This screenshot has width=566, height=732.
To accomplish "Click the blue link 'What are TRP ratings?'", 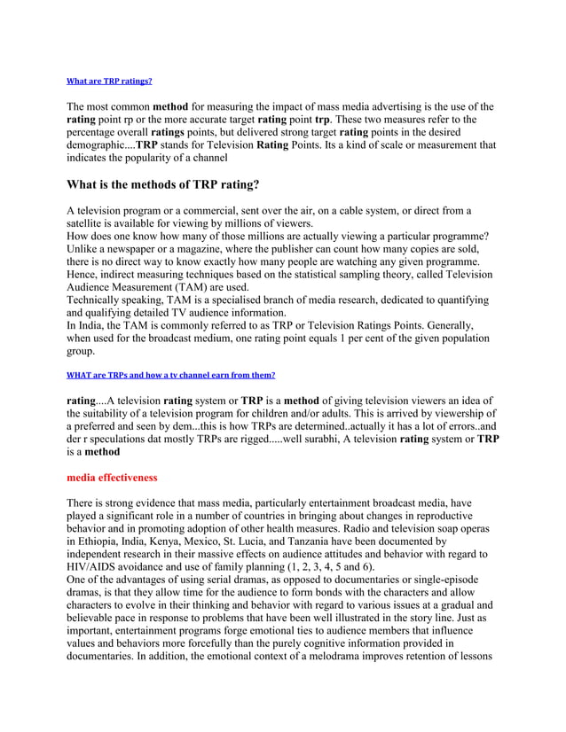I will point(109,81).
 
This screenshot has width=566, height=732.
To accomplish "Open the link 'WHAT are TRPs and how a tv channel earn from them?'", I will point(171,375).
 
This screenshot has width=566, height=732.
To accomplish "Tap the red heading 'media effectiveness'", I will point(112,478).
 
